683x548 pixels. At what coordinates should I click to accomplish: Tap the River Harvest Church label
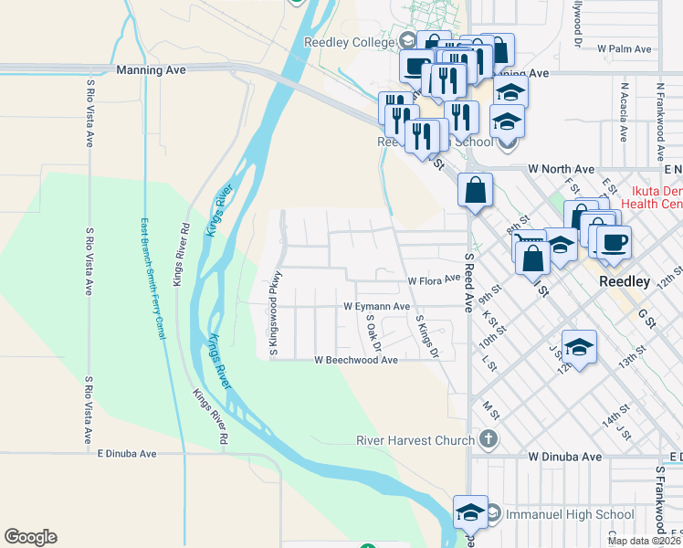click(x=415, y=440)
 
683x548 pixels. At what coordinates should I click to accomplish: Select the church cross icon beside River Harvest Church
click(x=489, y=439)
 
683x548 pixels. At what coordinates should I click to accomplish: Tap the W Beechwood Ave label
click(x=356, y=361)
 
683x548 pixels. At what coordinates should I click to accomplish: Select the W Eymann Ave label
click(x=376, y=307)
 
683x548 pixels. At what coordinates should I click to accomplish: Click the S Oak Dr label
click(x=372, y=333)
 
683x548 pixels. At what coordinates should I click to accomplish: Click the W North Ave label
click(x=562, y=169)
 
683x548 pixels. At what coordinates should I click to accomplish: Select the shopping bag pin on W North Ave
click(x=476, y=191)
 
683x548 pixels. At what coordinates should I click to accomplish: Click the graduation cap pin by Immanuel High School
click(x=470, y=512)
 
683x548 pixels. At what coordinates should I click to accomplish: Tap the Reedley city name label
click(x=625, y=281)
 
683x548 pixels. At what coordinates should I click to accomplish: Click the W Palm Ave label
click(x=624, y=48)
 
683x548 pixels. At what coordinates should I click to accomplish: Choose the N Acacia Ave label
click(x=624, y=112)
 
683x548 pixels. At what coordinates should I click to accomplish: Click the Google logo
click(x=30, y=537)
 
